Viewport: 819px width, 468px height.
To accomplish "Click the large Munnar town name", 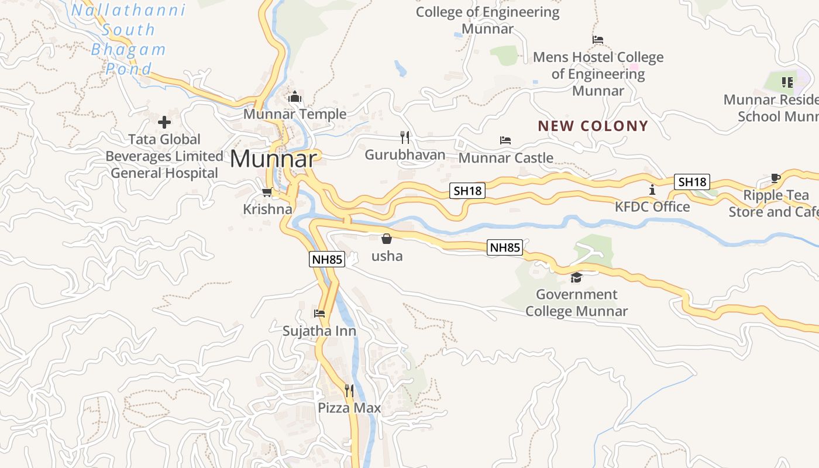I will coord(274,159).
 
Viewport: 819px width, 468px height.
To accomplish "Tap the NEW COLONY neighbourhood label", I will coord(593,126).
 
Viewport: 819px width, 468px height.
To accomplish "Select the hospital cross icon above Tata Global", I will coord(164,122).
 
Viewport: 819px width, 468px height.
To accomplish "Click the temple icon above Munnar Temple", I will coord(295,97).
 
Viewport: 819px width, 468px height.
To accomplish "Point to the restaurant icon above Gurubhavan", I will coord(405,137).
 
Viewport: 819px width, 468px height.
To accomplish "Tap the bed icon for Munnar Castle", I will coord(505,140).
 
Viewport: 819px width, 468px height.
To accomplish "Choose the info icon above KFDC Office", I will coord(652,190).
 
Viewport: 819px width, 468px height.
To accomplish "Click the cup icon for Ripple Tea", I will coord(776,178).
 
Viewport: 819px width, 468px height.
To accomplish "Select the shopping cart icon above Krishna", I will coord(267,192).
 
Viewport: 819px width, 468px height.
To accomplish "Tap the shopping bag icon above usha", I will coord(387,239).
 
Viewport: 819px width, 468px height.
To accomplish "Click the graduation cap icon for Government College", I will coord(577,277).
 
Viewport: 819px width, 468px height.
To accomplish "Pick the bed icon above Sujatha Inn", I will coord(319,314).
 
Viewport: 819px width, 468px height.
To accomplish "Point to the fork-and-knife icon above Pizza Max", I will coord(349,390).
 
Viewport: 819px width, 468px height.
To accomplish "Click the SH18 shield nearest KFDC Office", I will coord(691,182).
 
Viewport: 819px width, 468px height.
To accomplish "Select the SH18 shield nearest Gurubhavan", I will coord(468,190).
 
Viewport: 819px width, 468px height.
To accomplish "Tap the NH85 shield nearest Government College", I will coord(505,247).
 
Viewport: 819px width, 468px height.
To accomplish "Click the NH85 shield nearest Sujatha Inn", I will coord(327,259).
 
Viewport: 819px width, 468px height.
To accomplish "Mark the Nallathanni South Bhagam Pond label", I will coord(129,40).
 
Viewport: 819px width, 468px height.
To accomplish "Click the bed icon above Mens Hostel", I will coord(598,40).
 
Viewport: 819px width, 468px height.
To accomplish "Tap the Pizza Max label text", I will coord(349,408).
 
